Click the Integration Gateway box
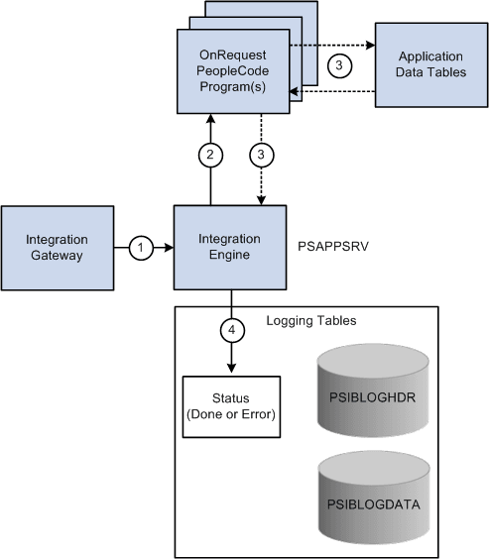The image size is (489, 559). [57, 248]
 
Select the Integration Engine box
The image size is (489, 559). [231, 248]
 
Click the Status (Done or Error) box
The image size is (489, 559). [231, 405]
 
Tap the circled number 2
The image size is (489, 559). [209, 155]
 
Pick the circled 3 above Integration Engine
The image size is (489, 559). [262, 155]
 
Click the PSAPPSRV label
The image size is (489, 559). [330, 240]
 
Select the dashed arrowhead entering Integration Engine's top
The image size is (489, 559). [262, 200]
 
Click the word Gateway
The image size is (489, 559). [57, 256]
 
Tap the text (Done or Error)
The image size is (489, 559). [231, 413]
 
